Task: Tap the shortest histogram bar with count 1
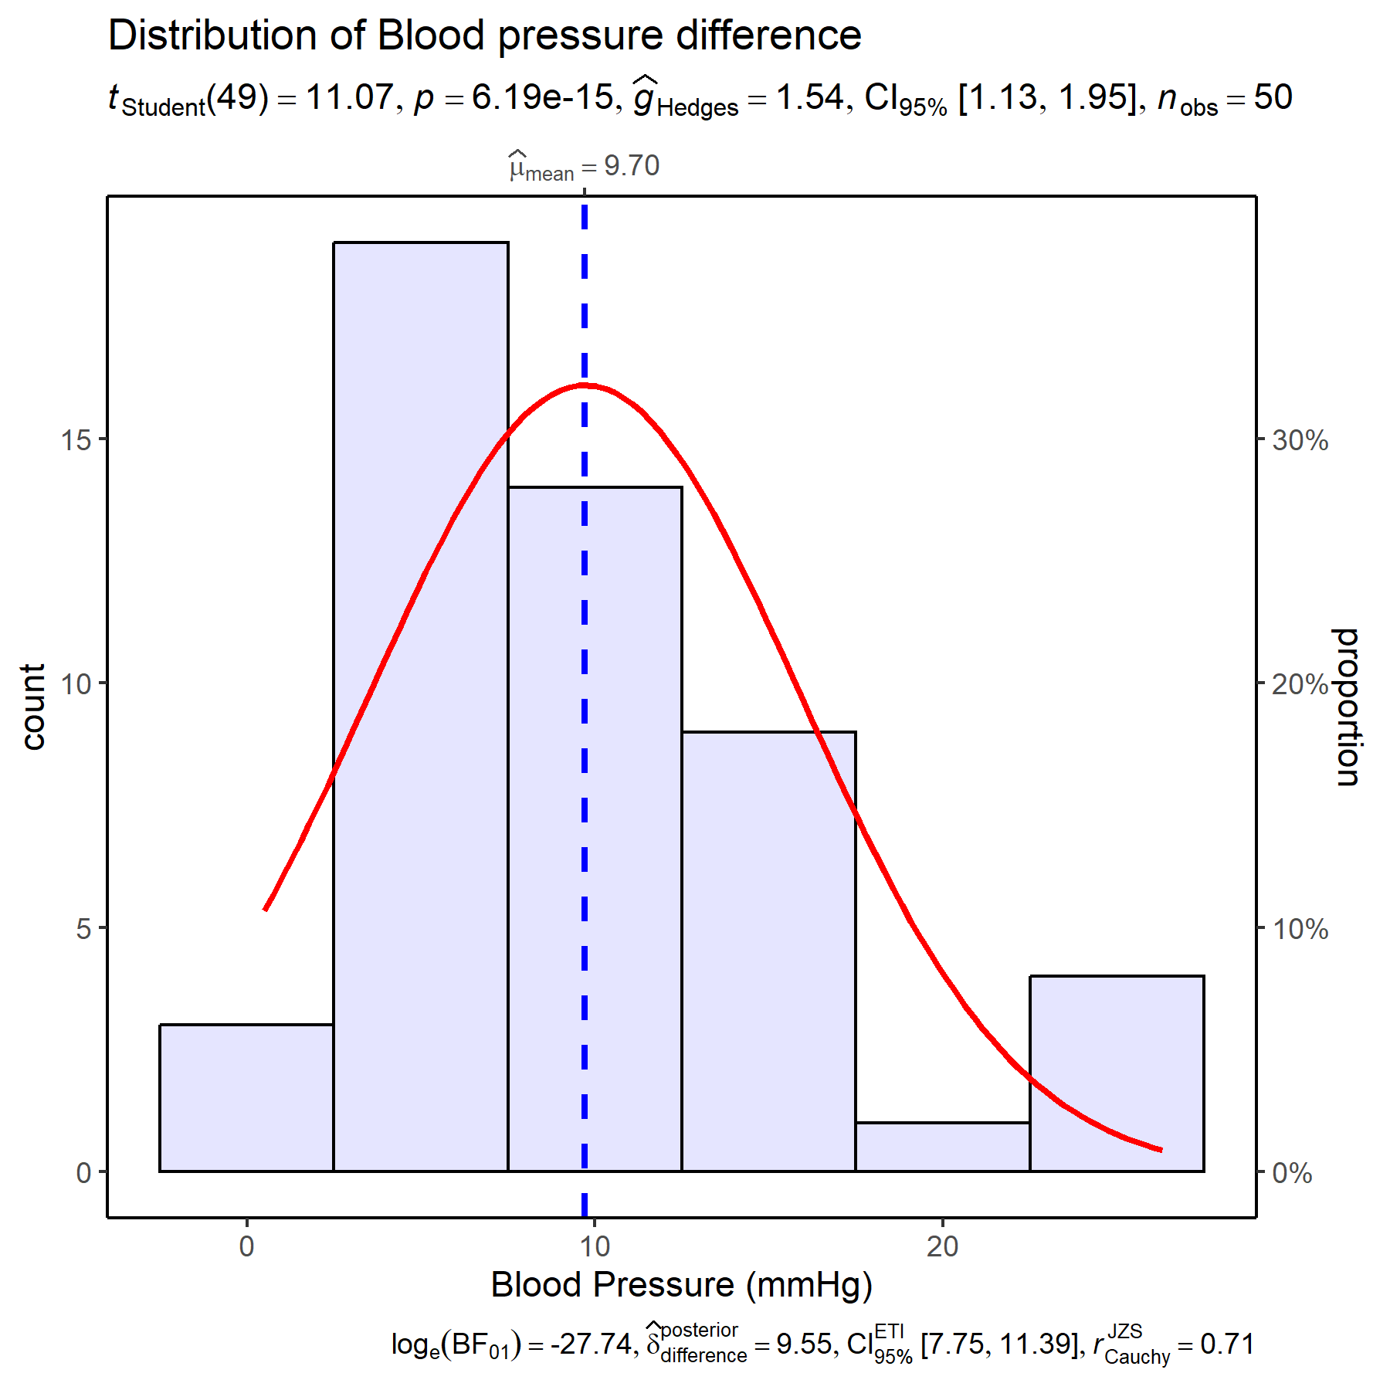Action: pyautogui.click(x=943, y=1147)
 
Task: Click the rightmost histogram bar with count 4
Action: pyautogui.click(x=1117, y=1073)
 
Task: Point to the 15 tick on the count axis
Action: pyautogui.click(x=76, y=440)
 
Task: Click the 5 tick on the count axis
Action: pyautogui.click(x=83, y=928)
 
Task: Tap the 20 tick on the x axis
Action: pyautogui.click(x=942, y=1246)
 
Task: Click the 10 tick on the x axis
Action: pyautogui.click(x=594, y=1246)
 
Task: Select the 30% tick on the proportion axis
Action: pyautogui.click(x=1300, y=440)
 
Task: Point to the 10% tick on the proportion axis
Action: pyautogui.click(x=1300, y=928)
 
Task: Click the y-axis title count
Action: pyautogui.click(x=33, y=707)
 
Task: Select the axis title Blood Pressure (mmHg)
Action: pyautogui.click(x=682, y=1285)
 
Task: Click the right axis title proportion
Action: pyautogui.click(x=1348, y=707)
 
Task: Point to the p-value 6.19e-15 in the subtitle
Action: pyautogui.click(x=542, y=98)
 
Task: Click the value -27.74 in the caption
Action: pyautogui.click(x=591, y=1344)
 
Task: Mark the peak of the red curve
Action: pyautogui.click(x=585, y=384)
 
